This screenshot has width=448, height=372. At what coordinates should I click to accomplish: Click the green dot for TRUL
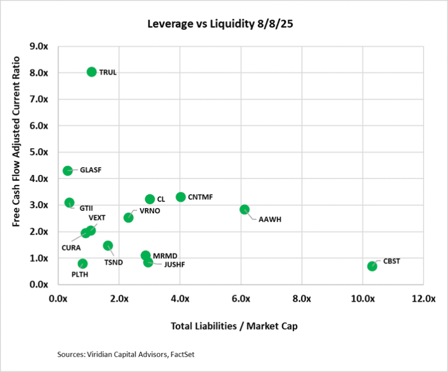(x=92, y=72)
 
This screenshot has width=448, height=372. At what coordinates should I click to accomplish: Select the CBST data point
(x=372, y=266)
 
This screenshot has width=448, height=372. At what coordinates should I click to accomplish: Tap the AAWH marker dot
(x=244, y=209)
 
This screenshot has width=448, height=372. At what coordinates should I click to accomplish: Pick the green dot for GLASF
(x=68, y=171)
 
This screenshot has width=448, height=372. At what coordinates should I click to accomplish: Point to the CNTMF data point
(x=180, y=197)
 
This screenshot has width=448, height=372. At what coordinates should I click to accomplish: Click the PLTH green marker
(x=82, y=264)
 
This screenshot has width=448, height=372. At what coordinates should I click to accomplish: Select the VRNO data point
(x=128, y=218)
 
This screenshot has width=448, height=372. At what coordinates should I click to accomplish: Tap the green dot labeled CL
(x=150, y=199)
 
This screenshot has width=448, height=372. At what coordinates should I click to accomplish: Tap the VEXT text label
(x=97, y=218)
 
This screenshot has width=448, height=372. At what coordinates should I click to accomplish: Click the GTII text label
(x=86, y=208)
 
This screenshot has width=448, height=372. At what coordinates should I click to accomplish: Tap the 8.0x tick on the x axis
(x=302, y=299)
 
